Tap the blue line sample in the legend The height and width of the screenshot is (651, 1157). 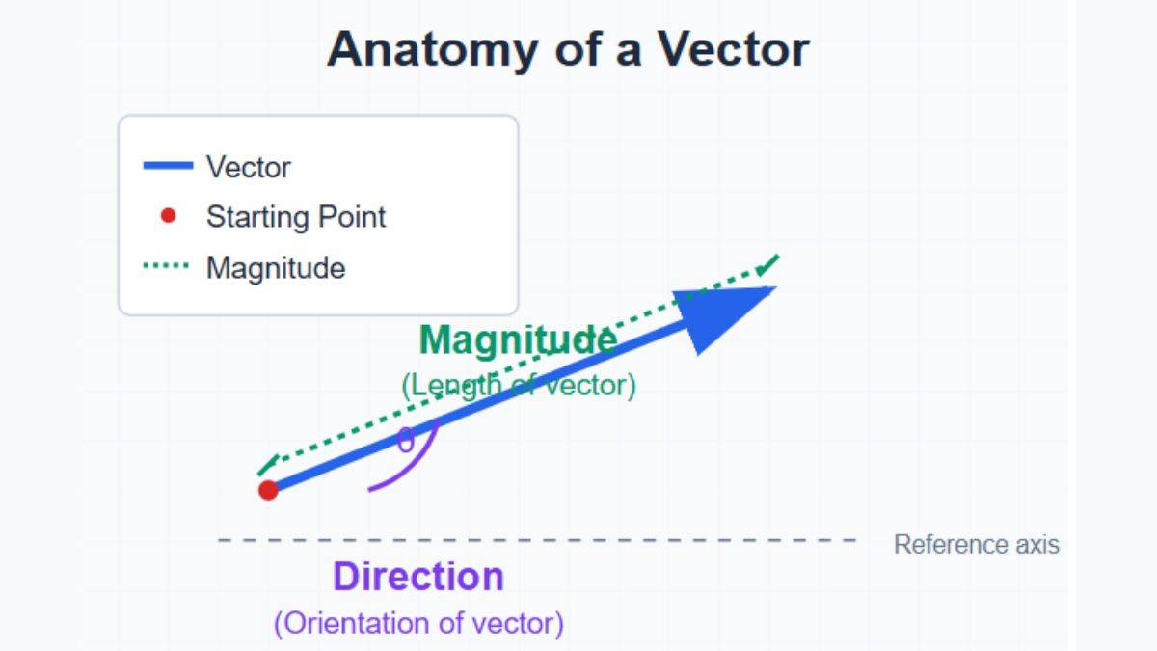[x=168, y=167]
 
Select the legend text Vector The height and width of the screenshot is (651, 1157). [x=248, y=167]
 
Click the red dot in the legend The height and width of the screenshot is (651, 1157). [x=169, y=216]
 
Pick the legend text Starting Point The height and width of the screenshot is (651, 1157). [x=295, y=217]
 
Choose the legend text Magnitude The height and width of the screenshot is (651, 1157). [x=276, y=267]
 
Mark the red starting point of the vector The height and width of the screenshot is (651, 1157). [x=268, y=490]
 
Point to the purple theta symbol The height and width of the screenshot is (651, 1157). [x=406, y=442]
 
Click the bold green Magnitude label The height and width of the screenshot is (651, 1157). [x=518, y=339]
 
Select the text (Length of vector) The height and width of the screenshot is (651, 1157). [x=518, y=386]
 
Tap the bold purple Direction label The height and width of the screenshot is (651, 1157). [x=418, y=577]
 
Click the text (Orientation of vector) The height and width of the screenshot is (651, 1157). [x=418, y=623]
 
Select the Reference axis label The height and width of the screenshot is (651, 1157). [x=976, y=545]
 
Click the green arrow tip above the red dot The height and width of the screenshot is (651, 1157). [x=266, y=465]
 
